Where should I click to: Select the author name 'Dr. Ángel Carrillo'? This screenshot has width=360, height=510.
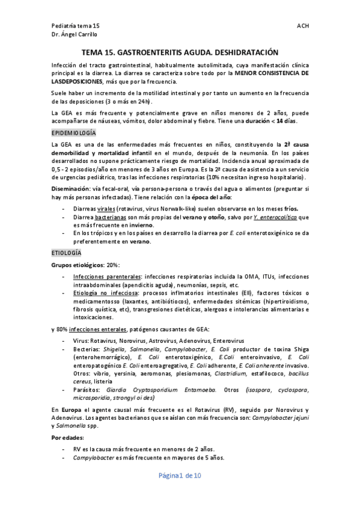tap(78, 36)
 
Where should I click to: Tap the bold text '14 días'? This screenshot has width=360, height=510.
tap(288, 121)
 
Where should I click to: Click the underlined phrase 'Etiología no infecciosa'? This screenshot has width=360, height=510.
tap(102, 292)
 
